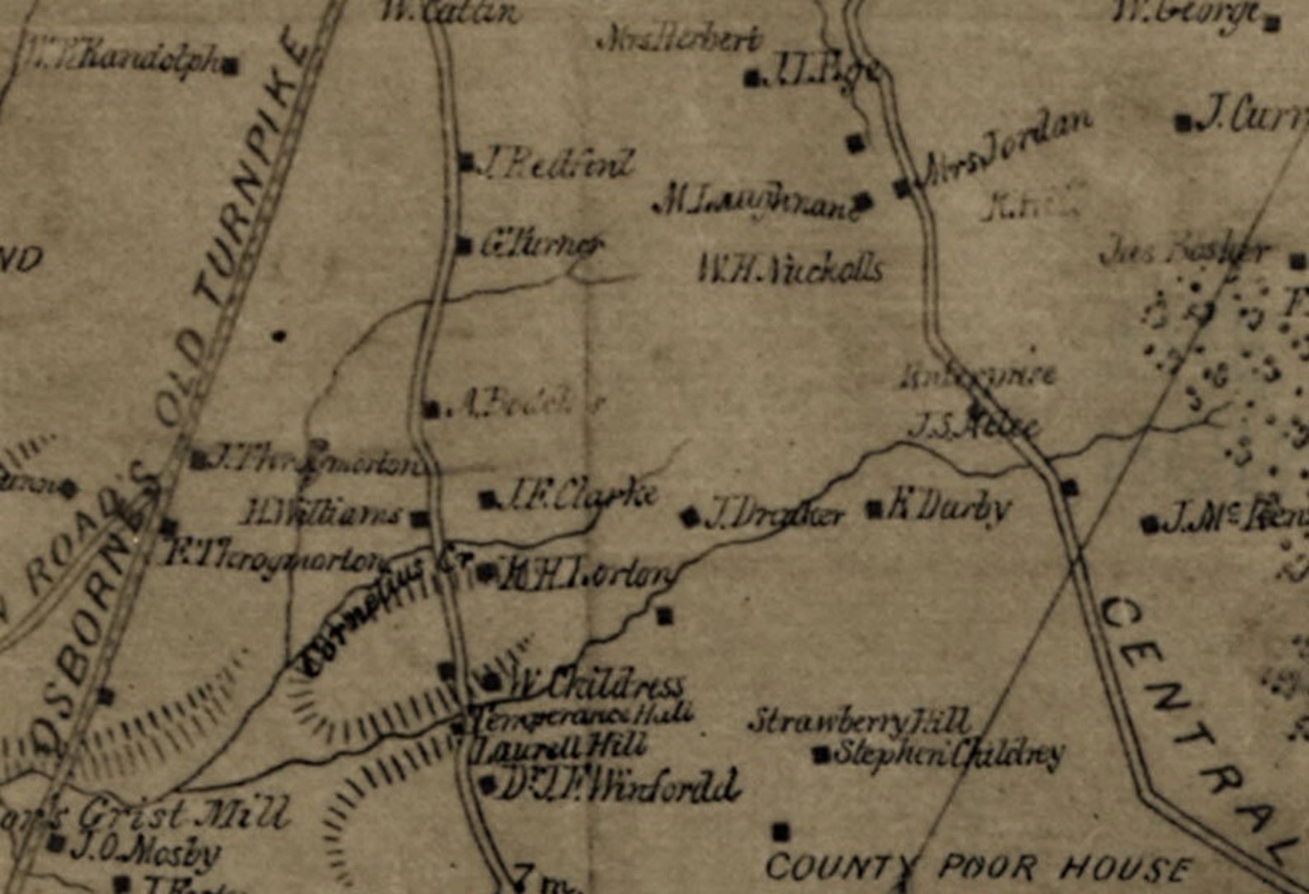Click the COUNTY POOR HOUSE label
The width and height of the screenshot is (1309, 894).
pos(978,868)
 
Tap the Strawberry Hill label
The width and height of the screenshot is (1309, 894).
pos(860,722)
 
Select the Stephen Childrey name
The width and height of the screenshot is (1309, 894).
pos(949,753)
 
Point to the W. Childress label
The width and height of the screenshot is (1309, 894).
pos(595,685)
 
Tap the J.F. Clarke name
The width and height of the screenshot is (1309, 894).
pos(581,495)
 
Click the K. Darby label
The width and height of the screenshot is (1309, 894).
pos(948,508)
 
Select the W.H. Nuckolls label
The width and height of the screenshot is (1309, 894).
pos(791,269)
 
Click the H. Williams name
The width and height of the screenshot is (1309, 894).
pos(321,515)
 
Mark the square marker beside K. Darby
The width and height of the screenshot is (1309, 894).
pos(875,509)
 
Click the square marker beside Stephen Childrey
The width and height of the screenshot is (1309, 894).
pos(821,754)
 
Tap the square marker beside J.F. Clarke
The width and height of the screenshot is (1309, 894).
pos(489,499)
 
